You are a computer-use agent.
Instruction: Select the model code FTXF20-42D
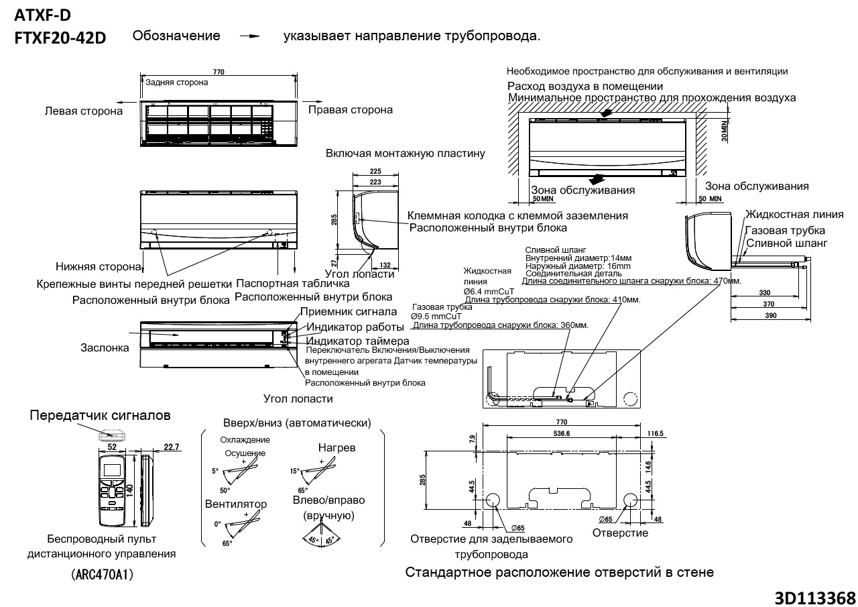[60, 38]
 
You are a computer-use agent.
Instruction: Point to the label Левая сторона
[84, 111]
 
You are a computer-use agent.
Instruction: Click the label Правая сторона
[350, 109]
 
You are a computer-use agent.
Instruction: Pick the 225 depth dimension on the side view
[376, 171]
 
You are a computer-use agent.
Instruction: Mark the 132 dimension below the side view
[385, 266]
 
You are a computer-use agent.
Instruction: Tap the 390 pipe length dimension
[770, 317]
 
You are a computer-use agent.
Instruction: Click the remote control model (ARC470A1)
[101, 575]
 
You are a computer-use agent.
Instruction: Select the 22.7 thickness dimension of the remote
[152, 447]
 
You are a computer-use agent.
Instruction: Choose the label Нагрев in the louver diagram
[337, 447]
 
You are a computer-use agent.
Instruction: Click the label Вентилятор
[236, 504]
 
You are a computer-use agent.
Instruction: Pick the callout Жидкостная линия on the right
[794, 215]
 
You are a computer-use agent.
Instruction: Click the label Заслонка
[105, 348]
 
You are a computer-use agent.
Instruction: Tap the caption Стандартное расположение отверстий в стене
[560, 572]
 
